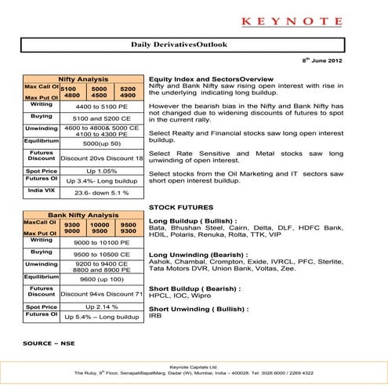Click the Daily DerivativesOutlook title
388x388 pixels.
[179, 45]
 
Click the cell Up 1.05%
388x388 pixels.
[101, 170]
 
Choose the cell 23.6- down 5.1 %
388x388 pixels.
[101, 192]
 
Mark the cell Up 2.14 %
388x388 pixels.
[101, 306]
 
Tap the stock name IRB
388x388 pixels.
[154, 315]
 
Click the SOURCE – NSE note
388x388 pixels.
[49, 343]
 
